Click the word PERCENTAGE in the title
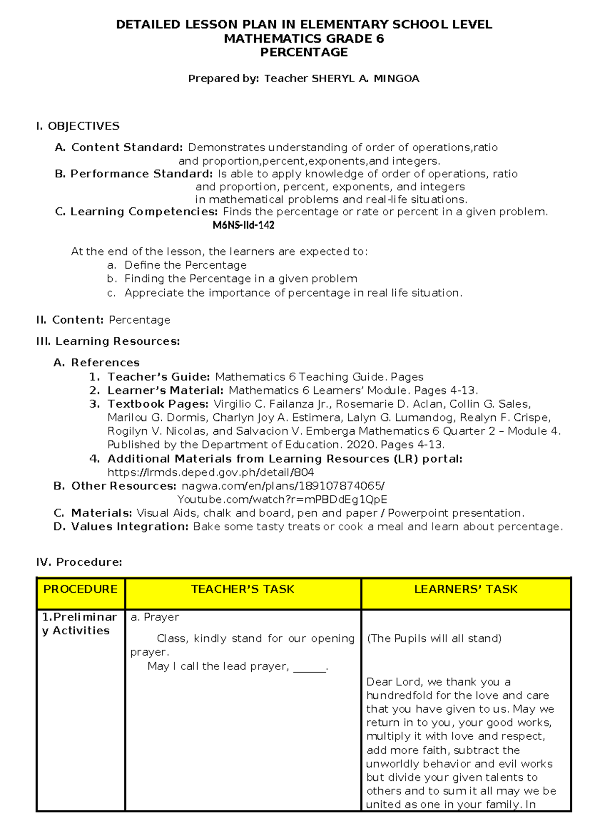pos(304,53)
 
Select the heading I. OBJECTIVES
pos(78,126)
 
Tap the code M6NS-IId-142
pos(243,225)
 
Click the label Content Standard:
pos(127,147)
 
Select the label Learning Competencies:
pos(144,212)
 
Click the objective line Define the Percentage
pos(185,265)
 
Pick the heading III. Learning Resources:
pos(108,341)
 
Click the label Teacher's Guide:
pos(159,377)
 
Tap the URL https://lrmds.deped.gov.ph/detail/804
pos(210,472)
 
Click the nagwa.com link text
pos(283,486)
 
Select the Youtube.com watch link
pos(282,500)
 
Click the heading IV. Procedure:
pos(79,562)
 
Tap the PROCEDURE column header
pos(81,589)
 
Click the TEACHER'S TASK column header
pos(242,589)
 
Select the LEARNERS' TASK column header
pos(466,589)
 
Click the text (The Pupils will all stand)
pos(434,639)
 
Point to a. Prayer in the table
pos(154,617)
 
